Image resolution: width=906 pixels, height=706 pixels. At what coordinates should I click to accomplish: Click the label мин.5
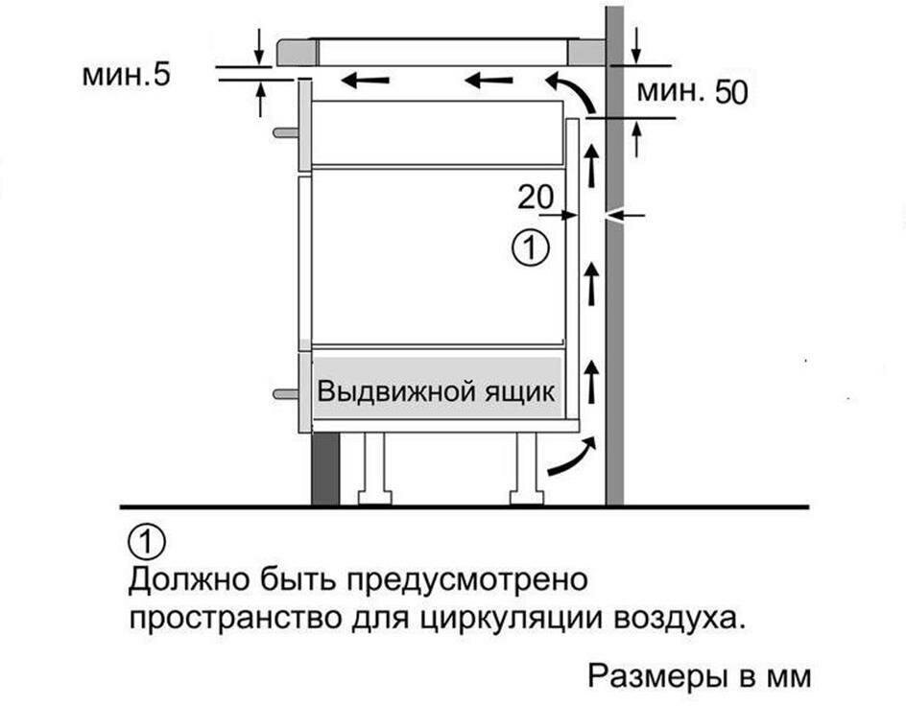click(127, 75)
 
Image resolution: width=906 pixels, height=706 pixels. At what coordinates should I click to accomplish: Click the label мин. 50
click(692, 92)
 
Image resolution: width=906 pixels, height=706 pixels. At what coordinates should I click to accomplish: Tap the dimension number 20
click(535, 198)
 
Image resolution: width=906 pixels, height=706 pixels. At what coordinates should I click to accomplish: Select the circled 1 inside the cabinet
click(531, 248)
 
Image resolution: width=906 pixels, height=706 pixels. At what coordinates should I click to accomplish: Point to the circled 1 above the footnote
click(147, 541)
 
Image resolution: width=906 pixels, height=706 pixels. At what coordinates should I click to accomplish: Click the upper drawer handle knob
click(285, 132)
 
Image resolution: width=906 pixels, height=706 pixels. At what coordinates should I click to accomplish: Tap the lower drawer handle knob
click(285, 394)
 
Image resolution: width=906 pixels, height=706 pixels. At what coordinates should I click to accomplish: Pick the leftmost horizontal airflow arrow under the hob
click(365, 81)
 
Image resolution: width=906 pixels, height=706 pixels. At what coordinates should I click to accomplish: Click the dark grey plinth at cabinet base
click(325, 469)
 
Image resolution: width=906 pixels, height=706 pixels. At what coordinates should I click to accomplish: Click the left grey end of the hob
click(297, 52)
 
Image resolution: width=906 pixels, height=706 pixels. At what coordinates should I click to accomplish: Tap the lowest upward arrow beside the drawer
click(590, 381)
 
